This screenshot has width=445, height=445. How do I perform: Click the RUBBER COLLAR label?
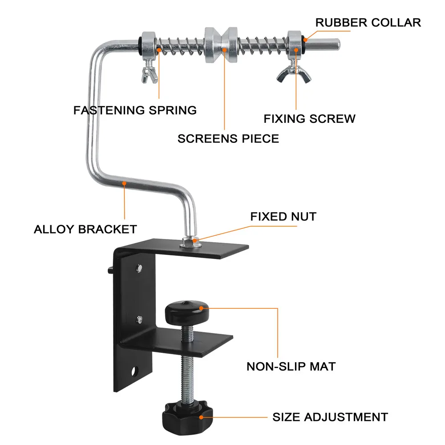coord(368,22)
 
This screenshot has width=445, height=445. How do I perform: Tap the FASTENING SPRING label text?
coord(135,110)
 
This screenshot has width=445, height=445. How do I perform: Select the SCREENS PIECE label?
coord(228,138)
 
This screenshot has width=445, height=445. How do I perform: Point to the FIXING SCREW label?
coord(310,119)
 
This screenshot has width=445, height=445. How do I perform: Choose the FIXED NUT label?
coord(283,217)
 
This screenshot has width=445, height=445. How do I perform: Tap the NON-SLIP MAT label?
coord(291,367)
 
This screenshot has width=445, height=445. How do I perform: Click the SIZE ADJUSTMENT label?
coord(330,417)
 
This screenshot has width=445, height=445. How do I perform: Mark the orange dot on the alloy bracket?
coord(125,183)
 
